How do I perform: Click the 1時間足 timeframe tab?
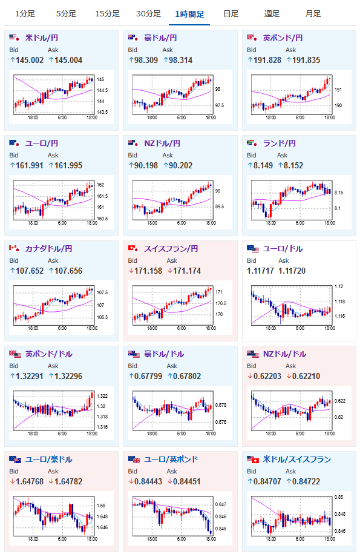coord(189,14)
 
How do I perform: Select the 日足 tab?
coord(231,14)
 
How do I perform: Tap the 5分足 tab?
coord(66,14)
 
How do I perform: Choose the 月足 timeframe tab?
coord(313,14)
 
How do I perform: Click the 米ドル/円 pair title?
coord(42,38)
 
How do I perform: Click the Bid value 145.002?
coord(30,61)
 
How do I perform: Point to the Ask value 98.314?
coord(180,61)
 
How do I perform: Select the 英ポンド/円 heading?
coord(283,38)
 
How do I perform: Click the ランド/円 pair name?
coord(279,143)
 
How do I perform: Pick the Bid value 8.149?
coord(263,166)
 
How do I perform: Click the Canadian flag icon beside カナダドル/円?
coord(14,248)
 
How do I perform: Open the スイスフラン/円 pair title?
coord(171,249)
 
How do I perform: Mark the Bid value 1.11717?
coord(260,271)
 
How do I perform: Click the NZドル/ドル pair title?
coord(284,354)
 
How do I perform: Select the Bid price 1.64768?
coord(30,481)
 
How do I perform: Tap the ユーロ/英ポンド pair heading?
coord(171,460)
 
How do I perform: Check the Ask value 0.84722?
coord(306,481)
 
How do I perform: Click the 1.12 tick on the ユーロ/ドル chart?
coord(338,286)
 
